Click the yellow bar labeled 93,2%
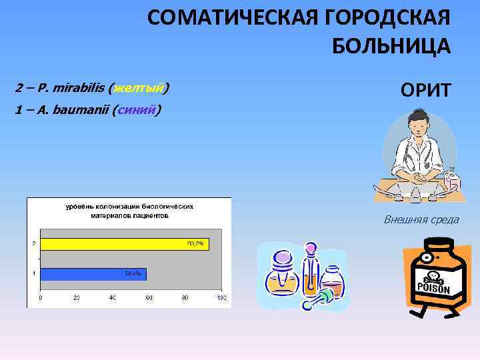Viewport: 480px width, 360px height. (x=124, y=244)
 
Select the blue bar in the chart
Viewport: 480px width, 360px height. (x=93, y=273)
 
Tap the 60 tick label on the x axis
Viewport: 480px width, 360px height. (x=149, y=297)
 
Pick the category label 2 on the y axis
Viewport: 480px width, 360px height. (x=34, y=244)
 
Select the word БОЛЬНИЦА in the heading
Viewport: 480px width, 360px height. (x=391, y=46)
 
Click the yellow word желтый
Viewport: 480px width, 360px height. (x=139, y=87)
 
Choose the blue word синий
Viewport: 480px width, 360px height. (x=136, y=109)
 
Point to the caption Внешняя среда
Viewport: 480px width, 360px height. (x=421, y=220)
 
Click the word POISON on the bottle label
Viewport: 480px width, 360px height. (x=434, y=289)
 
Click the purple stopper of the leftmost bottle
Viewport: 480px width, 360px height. (x=282, y=255)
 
